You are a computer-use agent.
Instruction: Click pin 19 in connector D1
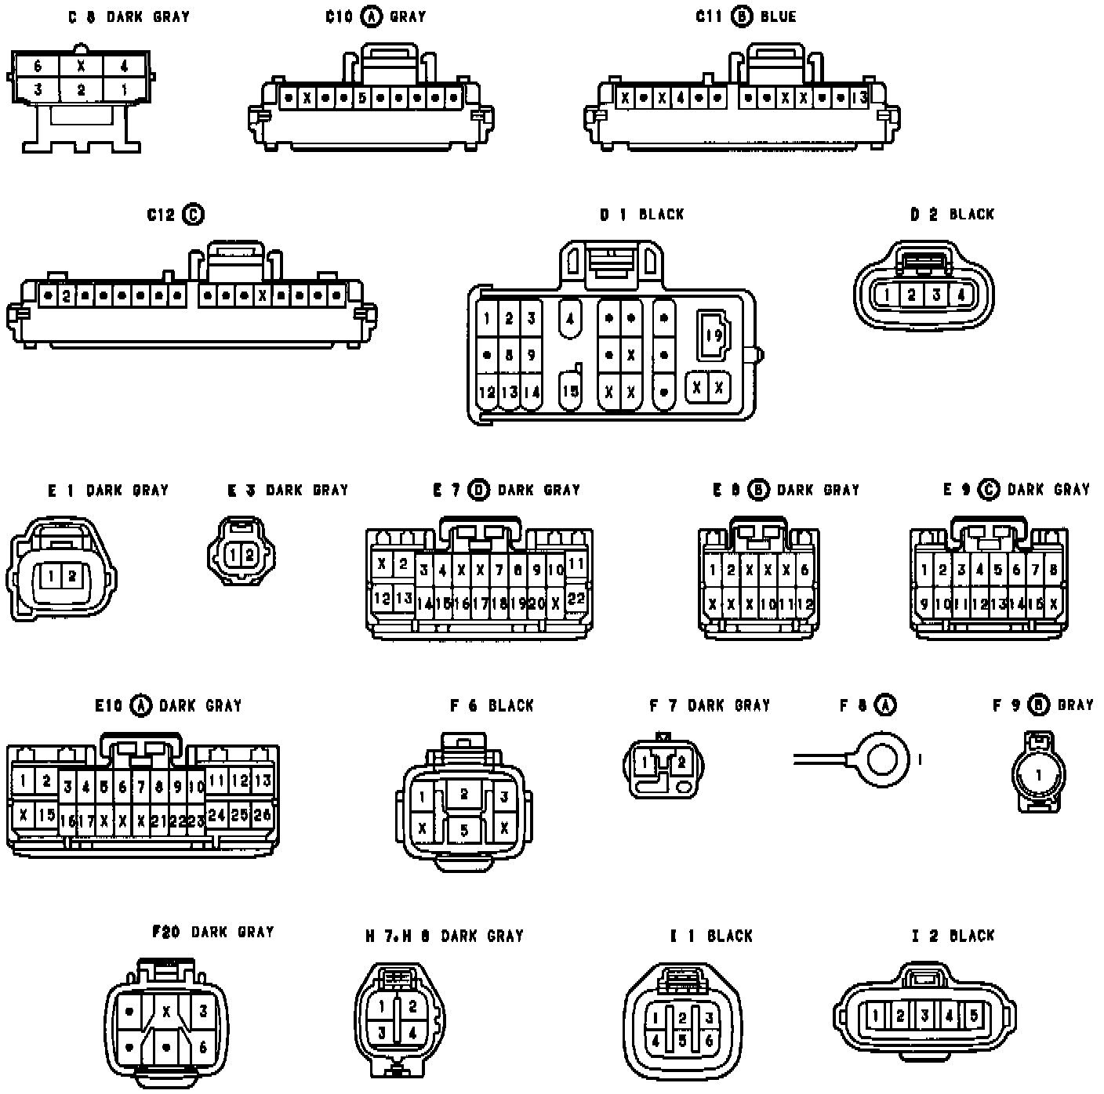pyautogui.click(x=713, y=335)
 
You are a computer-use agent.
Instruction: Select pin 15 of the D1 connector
pyautogui.click(x=570, y=390)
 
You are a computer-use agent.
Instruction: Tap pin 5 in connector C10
pyautogui.click(x=362, y=100)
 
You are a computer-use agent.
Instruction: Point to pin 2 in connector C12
pyautogui.click(x=66, y=296)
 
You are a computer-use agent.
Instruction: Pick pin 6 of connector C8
pyautogui.click(x=37, y=67)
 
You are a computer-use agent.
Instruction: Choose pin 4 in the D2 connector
pyautogui.click(x=961, y=295)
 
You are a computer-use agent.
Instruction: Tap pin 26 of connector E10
pyautogui.click(x=262, y=815)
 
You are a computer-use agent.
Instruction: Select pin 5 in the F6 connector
pyautogui.click(x=464, y=829)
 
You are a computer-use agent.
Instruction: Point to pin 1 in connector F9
pyautogui.click(x=1038, y=776)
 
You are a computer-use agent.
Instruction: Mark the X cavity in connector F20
pyautogui.click(x=166, y=1012)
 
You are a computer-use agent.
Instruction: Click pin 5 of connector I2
pyautogui.click(x=974, y=1016)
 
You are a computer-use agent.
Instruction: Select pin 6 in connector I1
pyautogui.click(x=708, y=1041)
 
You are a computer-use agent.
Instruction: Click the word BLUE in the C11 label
pyautogui.click(x=778, y=16)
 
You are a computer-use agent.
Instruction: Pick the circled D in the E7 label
pyautogui.click(x=478, y=491)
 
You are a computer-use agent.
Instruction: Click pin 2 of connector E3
pyautogui.click(x=249, y=555)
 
